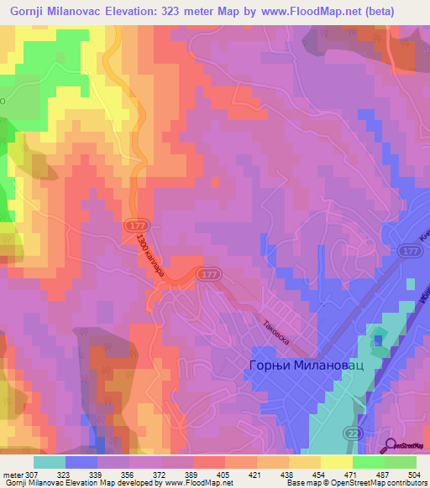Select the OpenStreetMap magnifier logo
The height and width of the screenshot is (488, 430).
point(390,446)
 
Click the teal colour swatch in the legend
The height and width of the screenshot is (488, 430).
point(50,462)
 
